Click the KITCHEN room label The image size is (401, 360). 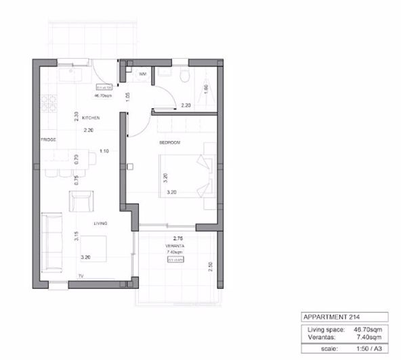91,118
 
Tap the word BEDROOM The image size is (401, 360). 169,143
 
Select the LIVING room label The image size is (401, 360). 100,221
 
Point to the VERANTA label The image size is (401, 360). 175,246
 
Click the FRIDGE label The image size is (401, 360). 47,140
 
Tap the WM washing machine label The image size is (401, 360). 143,73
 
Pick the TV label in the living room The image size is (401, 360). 80,276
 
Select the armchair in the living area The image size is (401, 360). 82,201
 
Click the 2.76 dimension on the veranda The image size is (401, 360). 178,238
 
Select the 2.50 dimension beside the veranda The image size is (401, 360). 211,266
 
